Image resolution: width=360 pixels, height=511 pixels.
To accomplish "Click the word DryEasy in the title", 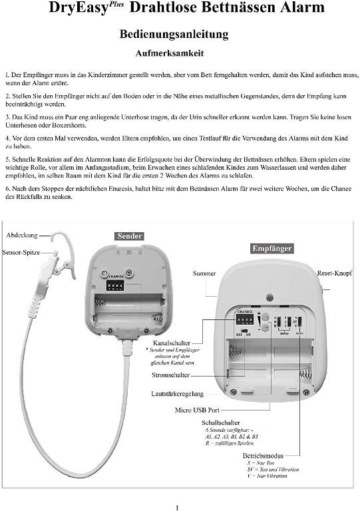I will tap(73, 9).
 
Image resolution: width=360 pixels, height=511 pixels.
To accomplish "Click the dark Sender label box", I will tap(129, 236).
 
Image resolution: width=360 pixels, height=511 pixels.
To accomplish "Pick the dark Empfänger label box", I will tap(272, 249).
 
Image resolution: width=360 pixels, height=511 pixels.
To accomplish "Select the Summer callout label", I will tap(204, 273).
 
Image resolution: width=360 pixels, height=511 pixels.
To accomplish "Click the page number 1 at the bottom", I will tap(177, 507).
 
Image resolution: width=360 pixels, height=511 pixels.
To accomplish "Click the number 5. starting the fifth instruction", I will tap(7, 160).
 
